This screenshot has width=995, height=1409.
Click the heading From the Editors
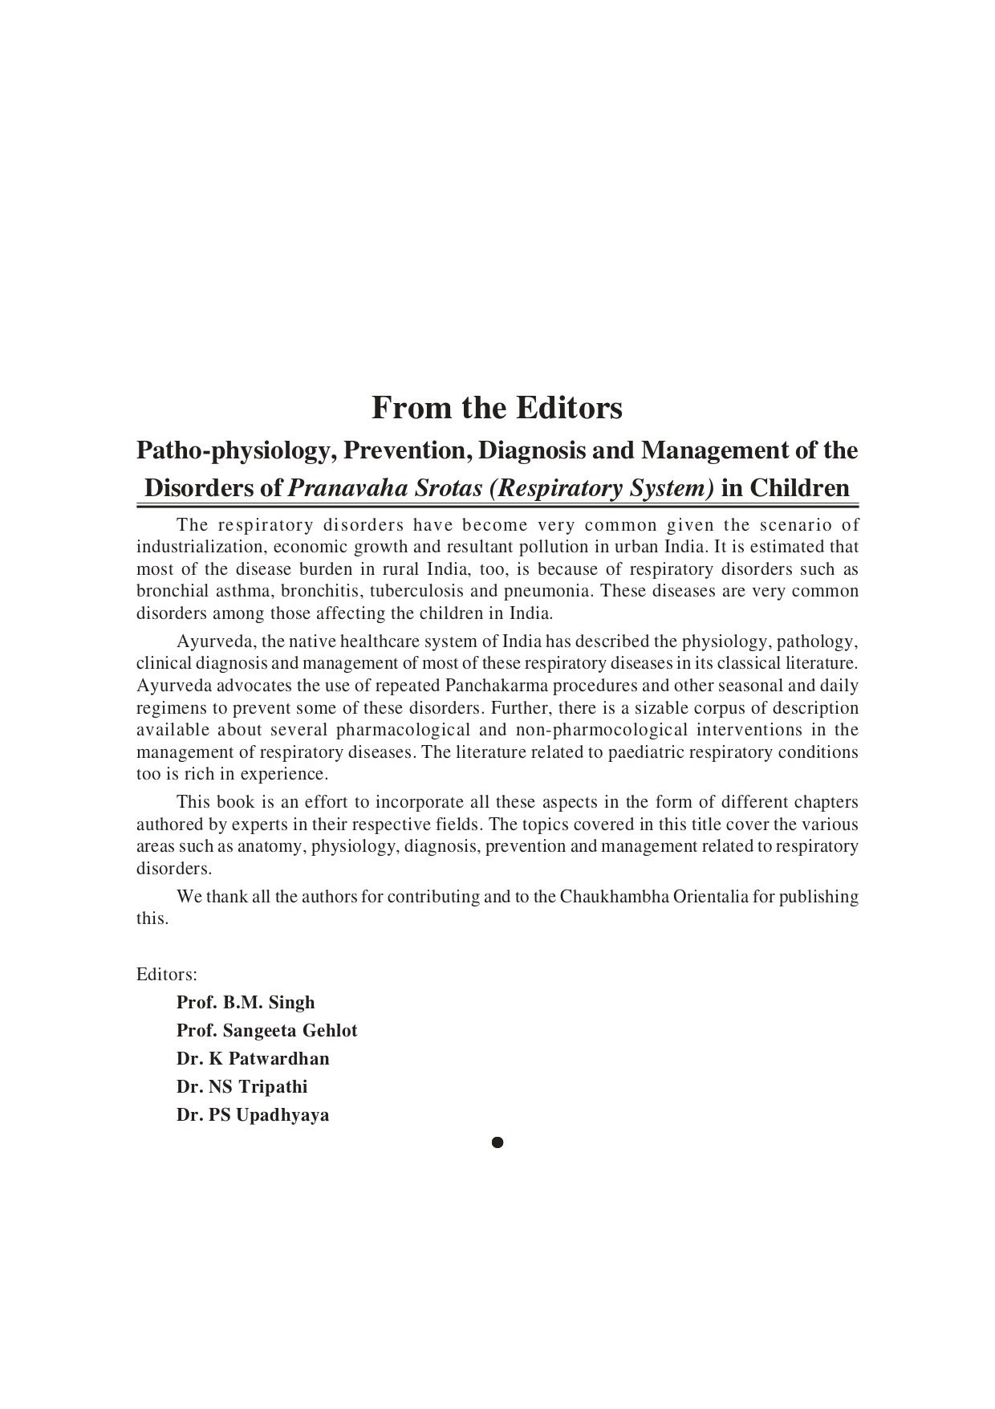click(x=497, y=408)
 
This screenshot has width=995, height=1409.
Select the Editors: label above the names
click(x=167, y=975)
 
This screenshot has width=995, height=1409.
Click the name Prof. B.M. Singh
click(x=246, y=1003)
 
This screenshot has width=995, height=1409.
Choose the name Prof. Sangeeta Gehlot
click(x=266, y=1031)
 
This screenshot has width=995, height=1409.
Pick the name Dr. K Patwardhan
click(x=253, y=1059)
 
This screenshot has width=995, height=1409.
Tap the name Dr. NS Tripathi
click(x=242, y=1087)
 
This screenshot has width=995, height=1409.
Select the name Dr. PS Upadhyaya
click(x=253, y=1115)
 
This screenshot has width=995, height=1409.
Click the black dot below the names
click(x=497, y=1142)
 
